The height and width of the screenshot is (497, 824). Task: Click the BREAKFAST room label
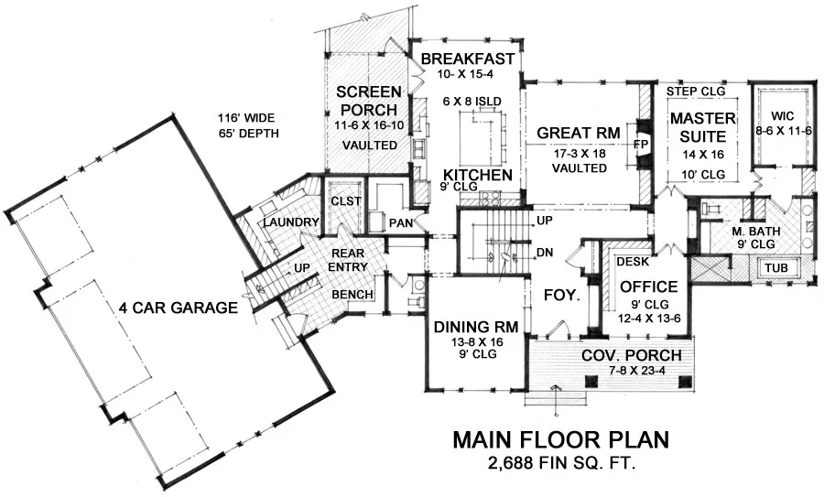point(467,58)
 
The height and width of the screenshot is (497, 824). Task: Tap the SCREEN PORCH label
point(369,101)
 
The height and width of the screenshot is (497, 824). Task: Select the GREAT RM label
point(578,133)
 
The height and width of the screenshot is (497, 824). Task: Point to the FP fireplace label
point(640,145)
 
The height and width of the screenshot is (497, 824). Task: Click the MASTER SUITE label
point(702,127)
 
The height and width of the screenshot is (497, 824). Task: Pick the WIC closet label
point(783,116)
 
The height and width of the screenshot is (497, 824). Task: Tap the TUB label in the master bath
point(776,268)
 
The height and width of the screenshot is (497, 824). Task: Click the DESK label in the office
point(633,261)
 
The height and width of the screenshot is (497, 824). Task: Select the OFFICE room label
point(649,286)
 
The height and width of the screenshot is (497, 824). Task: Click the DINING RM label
point(475,327)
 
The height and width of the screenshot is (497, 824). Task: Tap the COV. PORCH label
point(631,355)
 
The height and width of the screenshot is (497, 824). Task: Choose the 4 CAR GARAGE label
point(179,308)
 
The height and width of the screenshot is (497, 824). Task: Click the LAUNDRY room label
point(291,222)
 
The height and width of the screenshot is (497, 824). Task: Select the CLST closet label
point(346,201)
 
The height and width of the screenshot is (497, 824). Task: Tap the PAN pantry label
point(400,223)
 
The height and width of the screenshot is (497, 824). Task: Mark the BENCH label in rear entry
point(352,295)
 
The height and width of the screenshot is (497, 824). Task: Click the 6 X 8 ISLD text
point(472,102)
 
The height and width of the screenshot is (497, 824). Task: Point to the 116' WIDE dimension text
point(246,118)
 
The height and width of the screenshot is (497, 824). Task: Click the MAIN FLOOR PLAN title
point(560,439)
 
